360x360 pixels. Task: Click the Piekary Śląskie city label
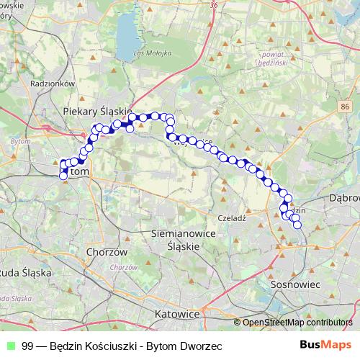pos(96,111)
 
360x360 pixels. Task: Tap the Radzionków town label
pos(55,83)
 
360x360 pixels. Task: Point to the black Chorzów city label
pos(106,252)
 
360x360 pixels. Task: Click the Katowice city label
pos(176,315)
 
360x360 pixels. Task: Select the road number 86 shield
pos(346,107)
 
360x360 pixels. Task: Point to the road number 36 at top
pos(214,4)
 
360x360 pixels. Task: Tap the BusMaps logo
pos(325,345)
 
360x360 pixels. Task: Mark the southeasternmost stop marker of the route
pos(297,225)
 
